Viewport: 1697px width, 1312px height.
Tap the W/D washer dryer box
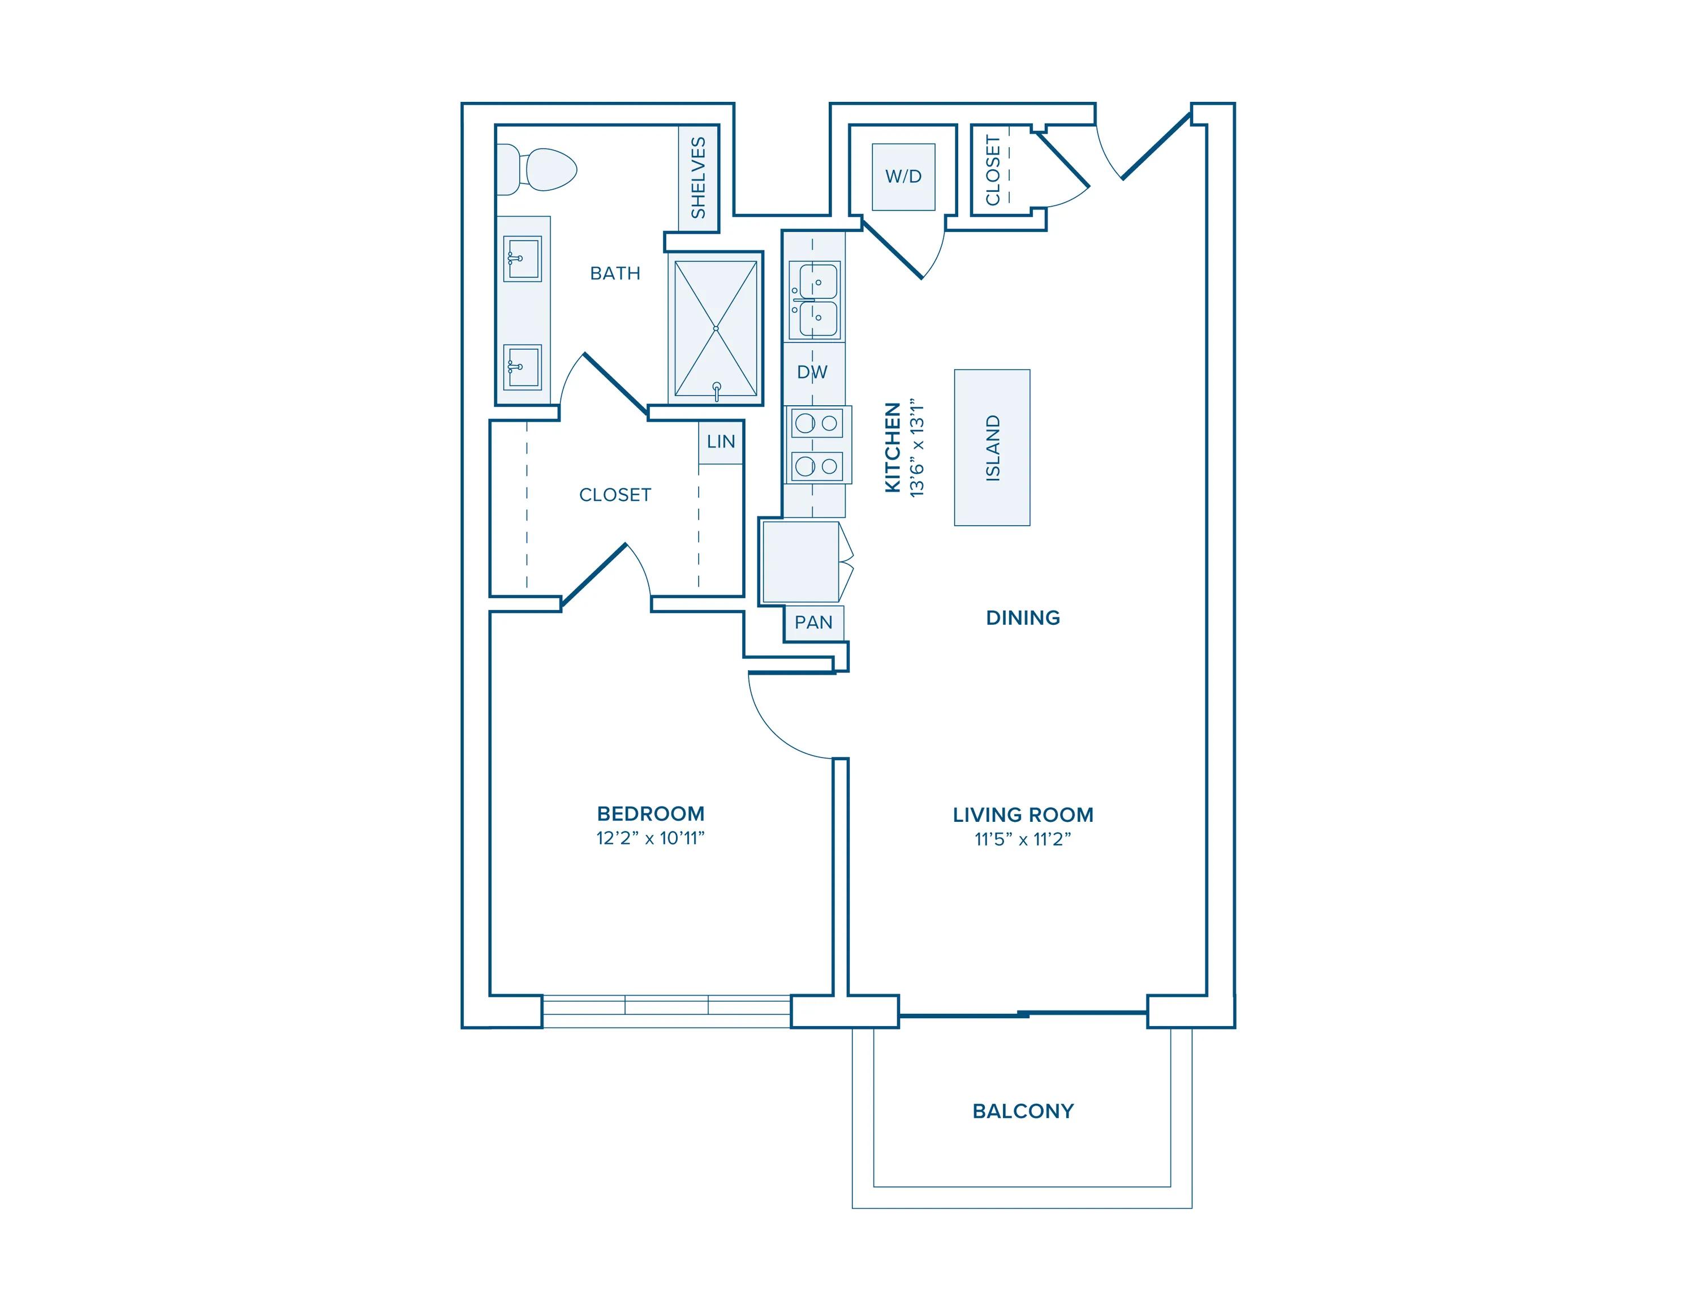pos(903,177)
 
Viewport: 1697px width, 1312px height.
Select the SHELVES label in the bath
pos(698,177)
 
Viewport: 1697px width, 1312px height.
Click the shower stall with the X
pos(716,328)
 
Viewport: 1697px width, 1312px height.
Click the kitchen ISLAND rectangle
pos(992,447)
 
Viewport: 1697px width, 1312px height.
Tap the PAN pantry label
pos(813,623)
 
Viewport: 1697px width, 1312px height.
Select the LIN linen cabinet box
pos(720,441)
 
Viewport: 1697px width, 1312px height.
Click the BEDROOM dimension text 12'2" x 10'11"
pos(651,838)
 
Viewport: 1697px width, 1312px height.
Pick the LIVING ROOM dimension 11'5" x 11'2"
pos(1023,839)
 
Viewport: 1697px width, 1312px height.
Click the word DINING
pos(1023,618)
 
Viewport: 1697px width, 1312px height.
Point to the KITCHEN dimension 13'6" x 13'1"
pos(918,449)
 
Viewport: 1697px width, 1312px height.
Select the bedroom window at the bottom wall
pos(666,1010)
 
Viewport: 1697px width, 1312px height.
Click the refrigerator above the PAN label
pos(800,561)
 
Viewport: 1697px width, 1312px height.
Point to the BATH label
pos(615,273)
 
